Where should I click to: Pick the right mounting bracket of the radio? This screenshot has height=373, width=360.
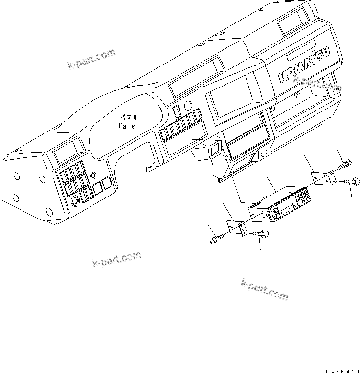(323, 178)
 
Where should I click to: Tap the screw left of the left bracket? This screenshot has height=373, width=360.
(216, 240)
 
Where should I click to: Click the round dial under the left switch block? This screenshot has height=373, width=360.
(75, 201)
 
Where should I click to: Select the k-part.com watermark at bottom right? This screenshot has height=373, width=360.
(265, 289)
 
